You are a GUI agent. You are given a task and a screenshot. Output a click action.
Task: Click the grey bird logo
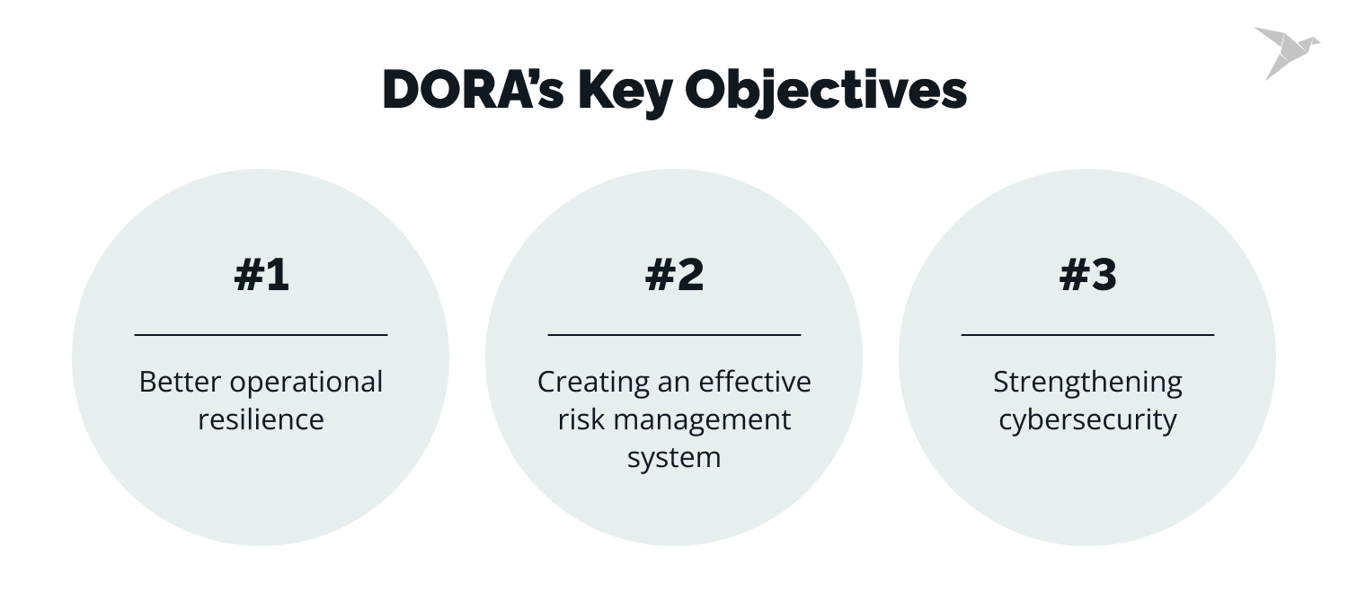[1286, 50]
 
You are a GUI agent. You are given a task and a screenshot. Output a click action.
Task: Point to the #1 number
[262, 275]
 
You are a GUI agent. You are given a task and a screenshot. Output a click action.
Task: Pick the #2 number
[674, 275]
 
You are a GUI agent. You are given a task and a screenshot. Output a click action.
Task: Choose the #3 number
[1087, 275]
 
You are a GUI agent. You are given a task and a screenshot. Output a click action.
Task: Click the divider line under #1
[261, 334]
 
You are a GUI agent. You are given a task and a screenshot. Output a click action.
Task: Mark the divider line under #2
[674, 334]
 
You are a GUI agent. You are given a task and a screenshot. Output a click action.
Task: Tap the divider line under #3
[1087, 334]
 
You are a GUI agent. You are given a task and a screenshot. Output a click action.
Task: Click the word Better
[181, 382]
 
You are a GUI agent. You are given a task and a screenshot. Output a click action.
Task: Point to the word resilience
[261, 419]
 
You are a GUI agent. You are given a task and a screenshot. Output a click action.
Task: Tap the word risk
[579, 419]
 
